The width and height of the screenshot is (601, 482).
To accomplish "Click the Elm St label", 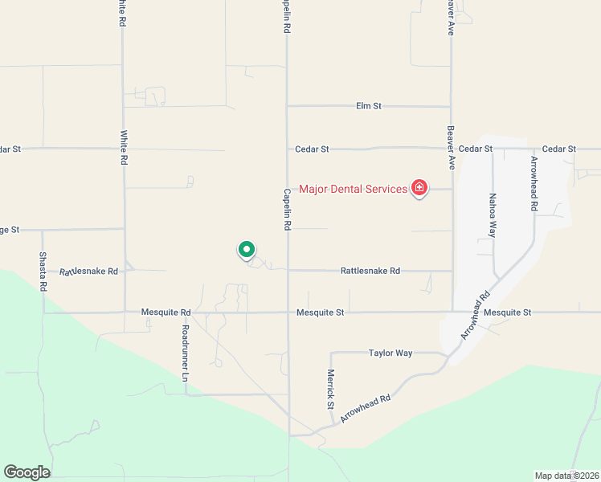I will pyautogui.click(x=368, y=106).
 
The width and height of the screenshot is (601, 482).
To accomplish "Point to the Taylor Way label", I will pyautogui.click(x=390, y=353).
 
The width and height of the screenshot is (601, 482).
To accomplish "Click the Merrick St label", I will pyautogui.click(x=330, y=389).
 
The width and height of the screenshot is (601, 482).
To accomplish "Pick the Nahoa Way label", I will pyautogui.click(x=493, y=214).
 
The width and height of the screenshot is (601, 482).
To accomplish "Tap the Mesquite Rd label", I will pyautogui.click(x=166, y=312).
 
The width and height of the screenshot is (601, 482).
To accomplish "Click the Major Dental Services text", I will pyautogui.click(x=353, y=190).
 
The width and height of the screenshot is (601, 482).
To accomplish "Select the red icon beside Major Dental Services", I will pyautogui.click(x=419, y=188).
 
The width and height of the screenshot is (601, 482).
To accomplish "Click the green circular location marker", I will pyautogui.click(x=247, y=250).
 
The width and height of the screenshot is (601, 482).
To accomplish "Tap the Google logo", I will pyautogui.click(x=27, y=472).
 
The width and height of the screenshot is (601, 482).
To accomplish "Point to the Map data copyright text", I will pyautogui.click(x=566, y=476).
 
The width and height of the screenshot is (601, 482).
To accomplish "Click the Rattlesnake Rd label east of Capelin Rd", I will pyautogui.click(x=370, y=272).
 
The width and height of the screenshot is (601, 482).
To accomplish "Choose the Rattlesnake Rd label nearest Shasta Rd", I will pyautogui.click(x=88, y=272).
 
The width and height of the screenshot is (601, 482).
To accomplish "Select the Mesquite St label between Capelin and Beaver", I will pyautogui.click(x=320, y=312).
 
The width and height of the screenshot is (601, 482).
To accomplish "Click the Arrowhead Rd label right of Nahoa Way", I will pyautogui.click(x=534, y=183).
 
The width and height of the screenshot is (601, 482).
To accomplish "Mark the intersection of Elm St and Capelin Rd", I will pyautogui.click(x=287, y=106).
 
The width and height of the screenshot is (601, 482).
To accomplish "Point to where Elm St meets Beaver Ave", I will pyautogui.click(x=451, y=106).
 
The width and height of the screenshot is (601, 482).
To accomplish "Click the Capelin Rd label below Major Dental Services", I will pyautogui.click(x=287, y=210).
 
